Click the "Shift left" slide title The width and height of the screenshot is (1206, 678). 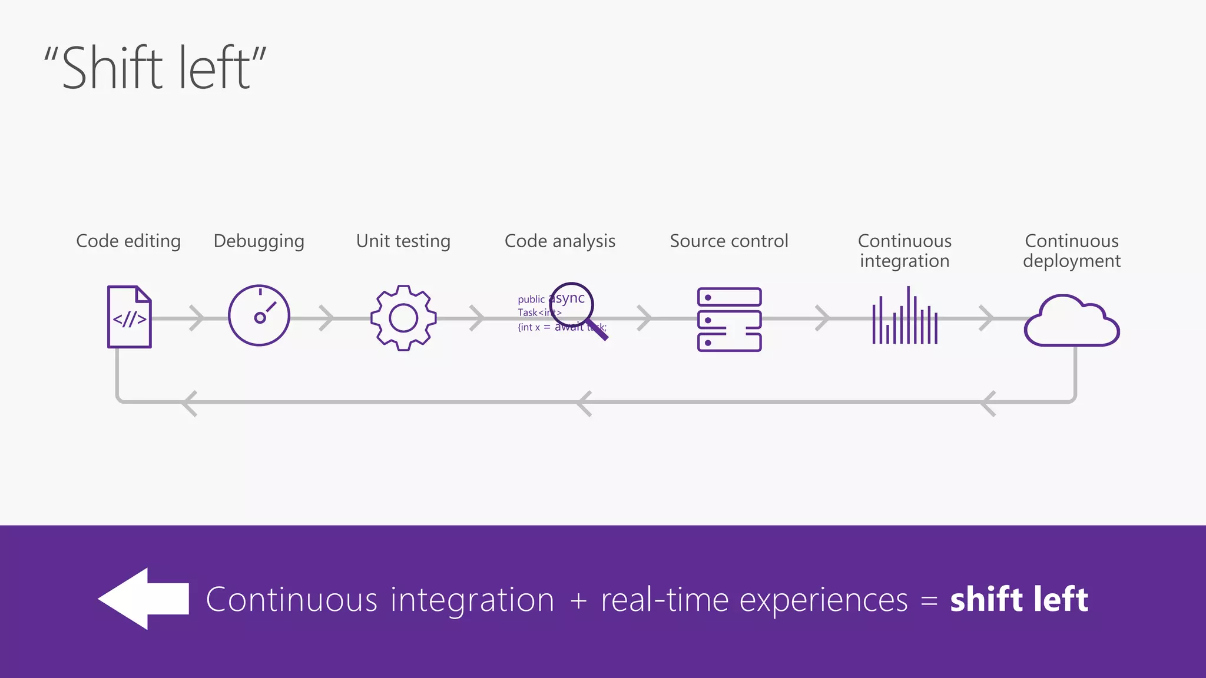click(x=155, y=68)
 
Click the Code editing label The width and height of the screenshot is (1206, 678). click(x=128, y=241)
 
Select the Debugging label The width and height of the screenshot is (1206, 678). click(x=259, y=241)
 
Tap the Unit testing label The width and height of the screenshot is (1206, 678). click(x=403, y=241)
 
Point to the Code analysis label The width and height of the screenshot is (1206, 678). click(x=560, y=241)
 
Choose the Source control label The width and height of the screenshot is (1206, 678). click(x=729, y=241)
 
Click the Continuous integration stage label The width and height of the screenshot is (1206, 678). click(x=904, y=251)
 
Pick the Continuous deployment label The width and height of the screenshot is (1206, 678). click(x=1072, y=251)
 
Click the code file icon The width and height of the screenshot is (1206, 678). click(x=130, y=317)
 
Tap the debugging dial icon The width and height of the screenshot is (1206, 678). click(x=259, y=316)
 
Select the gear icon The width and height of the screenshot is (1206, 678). click(x=403, y=318)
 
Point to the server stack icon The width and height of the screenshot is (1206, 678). click(x=729, y=320)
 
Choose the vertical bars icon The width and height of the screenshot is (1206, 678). click(x=905, y=318)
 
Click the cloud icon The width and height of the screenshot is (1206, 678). click(x=1072, y=323)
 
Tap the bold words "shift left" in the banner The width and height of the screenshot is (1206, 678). click(x=1019, y=600)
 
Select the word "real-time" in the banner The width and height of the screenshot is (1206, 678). click(x=665, y=600)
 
